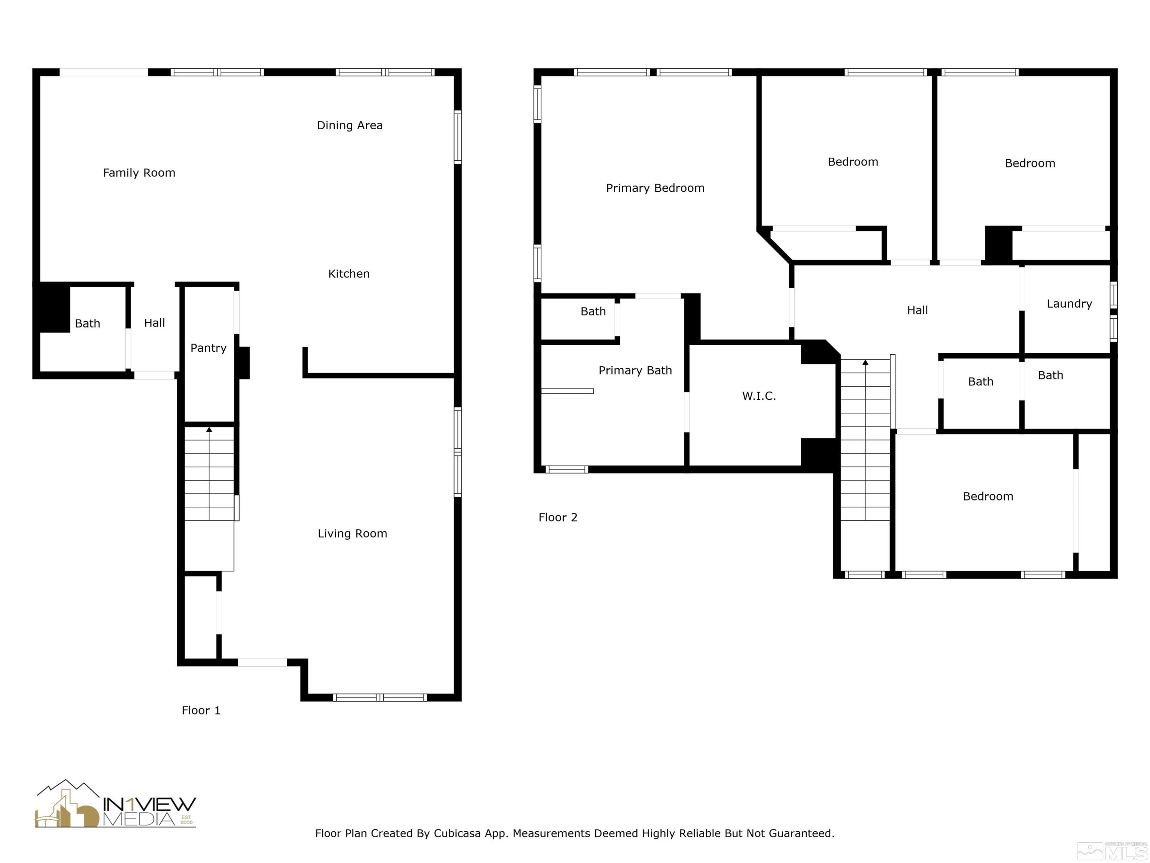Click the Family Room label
139,173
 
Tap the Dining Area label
349,125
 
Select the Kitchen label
348,273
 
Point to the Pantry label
208,348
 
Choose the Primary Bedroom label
655,188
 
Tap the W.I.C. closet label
759,396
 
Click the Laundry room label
1069,304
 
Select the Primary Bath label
635,371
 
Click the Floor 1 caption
201,711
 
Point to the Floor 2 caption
557,517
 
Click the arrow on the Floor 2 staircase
865,362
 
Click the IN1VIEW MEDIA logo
115,805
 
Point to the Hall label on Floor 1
154,323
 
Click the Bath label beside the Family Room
87,324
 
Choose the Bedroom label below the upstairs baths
988,497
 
